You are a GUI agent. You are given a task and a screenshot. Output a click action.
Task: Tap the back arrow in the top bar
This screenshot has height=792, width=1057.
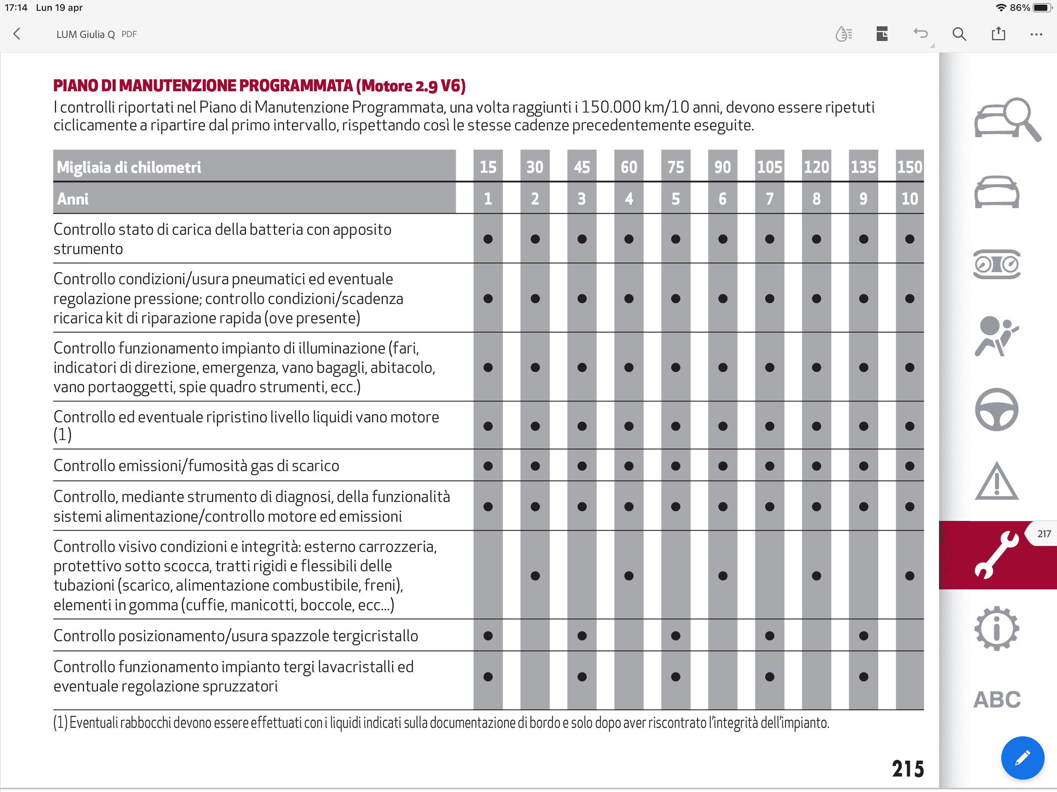17,34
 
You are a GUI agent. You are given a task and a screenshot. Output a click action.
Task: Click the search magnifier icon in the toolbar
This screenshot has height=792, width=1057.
959,34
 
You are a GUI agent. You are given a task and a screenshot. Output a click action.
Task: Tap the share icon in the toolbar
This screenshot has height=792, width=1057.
998,33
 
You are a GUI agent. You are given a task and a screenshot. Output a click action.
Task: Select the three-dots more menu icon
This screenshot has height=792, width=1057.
1036,34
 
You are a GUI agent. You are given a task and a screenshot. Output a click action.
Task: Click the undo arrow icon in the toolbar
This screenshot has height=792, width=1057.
920,33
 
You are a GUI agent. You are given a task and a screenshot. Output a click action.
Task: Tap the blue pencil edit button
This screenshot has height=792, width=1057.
1023,758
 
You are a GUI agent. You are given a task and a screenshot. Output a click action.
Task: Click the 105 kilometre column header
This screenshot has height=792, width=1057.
769,167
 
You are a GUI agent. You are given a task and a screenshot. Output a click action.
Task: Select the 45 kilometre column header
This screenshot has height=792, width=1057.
582,167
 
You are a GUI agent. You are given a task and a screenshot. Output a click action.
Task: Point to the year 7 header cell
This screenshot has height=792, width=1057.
769,198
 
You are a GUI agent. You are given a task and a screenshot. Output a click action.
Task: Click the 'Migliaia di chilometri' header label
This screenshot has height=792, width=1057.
129,167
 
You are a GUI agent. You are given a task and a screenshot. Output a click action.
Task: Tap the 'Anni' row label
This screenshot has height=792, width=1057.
73,199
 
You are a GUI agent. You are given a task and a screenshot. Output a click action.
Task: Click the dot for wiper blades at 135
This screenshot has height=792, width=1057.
864,636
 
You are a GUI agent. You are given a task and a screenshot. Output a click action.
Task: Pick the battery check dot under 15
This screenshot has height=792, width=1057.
488,239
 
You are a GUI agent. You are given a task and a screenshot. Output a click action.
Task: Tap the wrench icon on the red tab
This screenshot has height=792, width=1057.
996,555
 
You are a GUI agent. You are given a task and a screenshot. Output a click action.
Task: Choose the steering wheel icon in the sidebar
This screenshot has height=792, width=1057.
997,410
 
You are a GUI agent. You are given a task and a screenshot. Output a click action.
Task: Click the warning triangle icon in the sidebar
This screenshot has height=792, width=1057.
997,481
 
